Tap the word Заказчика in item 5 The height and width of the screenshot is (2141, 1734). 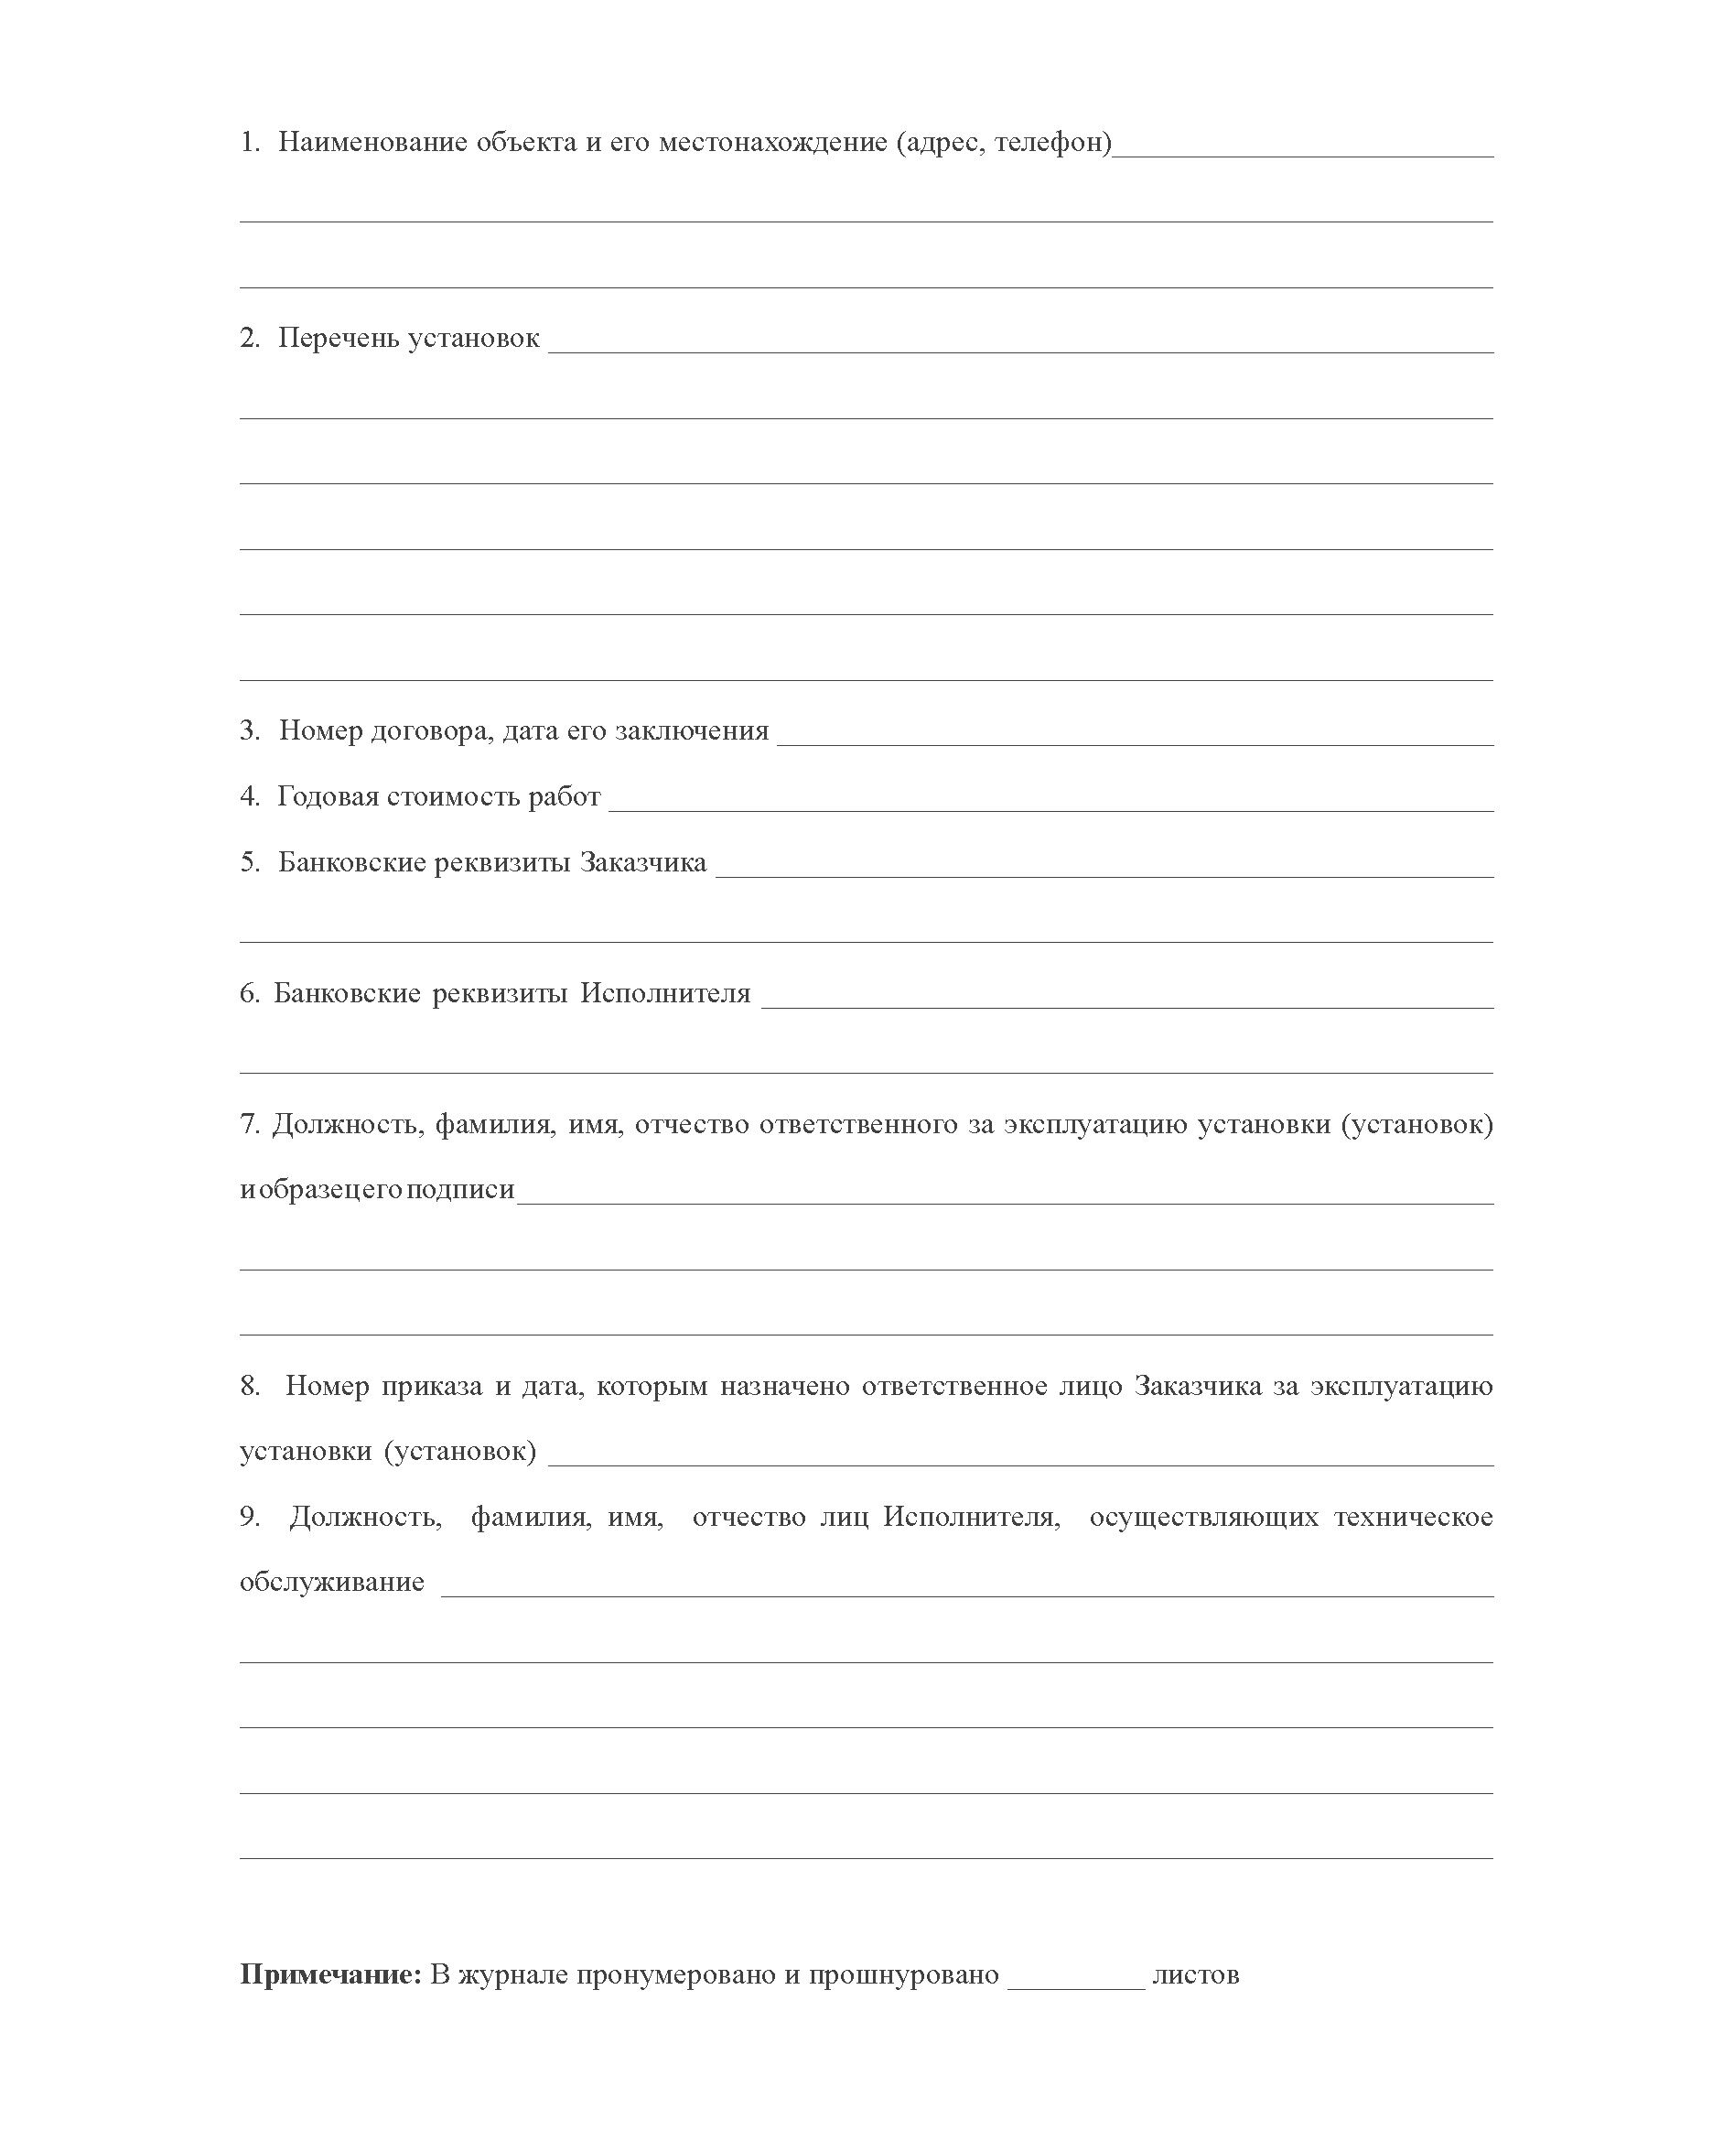click(643, 862)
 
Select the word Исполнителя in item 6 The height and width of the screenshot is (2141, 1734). click(665, 993)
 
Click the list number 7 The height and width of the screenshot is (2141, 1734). click(250, 1124)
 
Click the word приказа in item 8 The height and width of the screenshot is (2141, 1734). click(432, 1386)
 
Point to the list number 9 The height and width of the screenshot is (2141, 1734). click(250, 1517)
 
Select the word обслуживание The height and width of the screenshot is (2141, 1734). click(331, 1583)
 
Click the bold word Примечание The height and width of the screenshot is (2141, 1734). click(330, 1975)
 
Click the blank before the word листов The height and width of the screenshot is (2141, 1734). click(1076, 1984)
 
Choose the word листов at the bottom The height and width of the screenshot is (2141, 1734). click(1196, 1975)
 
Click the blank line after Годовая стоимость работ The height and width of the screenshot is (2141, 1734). click(1050, 806)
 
